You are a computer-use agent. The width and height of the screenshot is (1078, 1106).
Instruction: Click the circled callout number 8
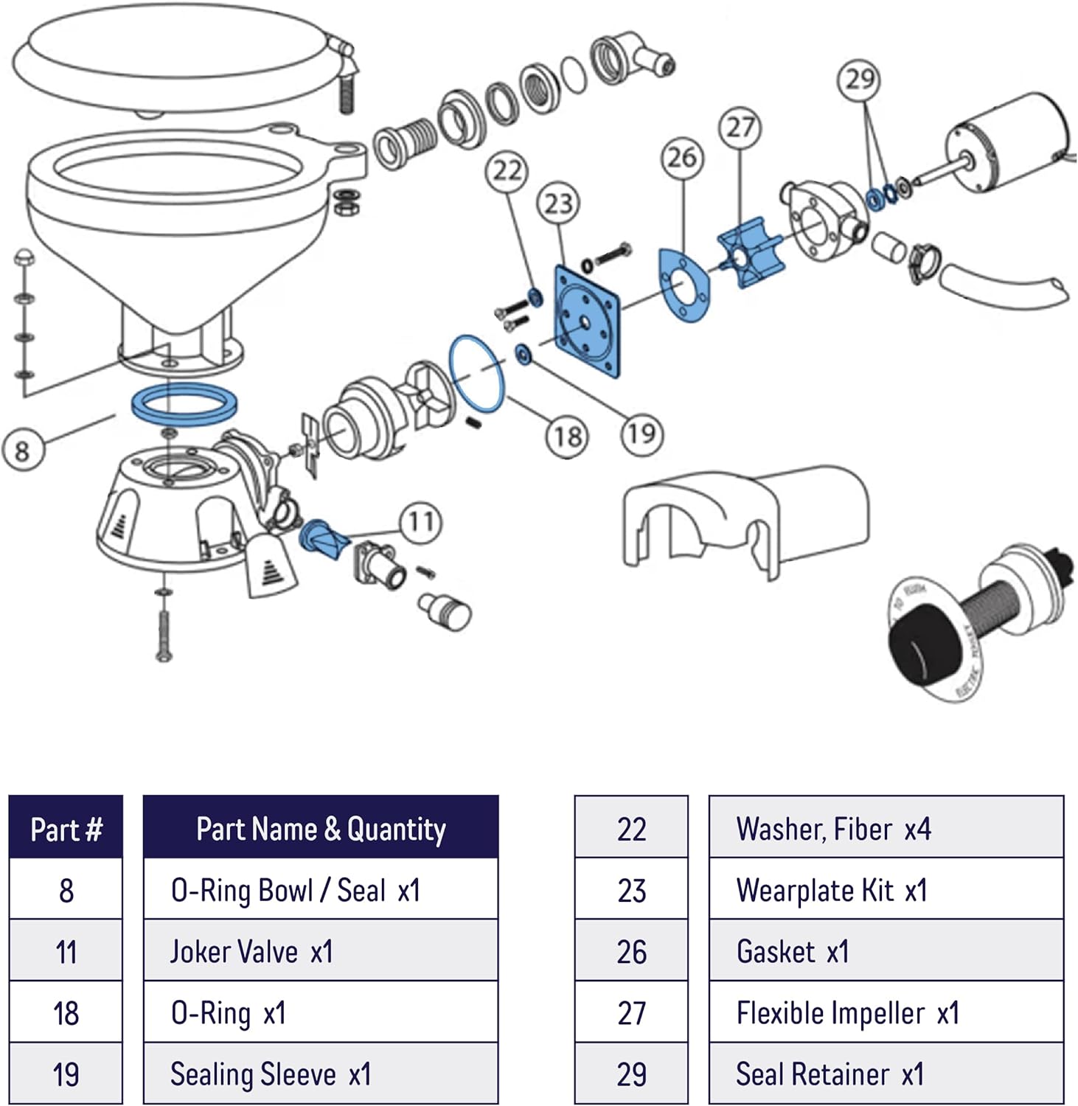click(x=22, y=450)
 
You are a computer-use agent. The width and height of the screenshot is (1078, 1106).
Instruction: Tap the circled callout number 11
click(x=421, y=522)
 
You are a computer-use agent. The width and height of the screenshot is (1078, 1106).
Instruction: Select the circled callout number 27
click(x=740, y=128)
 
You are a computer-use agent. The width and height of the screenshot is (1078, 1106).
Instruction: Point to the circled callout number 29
click(x=860, y=79)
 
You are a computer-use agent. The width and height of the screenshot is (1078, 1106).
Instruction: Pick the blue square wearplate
click(x=587, y=323)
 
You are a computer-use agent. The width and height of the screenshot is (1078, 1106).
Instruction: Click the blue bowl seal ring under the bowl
click(x=184, y=405)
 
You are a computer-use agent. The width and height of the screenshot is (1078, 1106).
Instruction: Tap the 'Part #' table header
click(x=66, y=828)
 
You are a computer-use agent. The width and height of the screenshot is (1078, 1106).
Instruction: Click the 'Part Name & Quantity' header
click(x=321, y=828)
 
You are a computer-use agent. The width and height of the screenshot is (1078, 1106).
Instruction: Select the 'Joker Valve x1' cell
click(x=321, y=951)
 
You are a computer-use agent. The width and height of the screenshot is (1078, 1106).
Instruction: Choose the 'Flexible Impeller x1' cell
click(x=886, y=1012)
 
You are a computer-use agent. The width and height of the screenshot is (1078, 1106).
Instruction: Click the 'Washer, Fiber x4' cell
click(x=886, y=828)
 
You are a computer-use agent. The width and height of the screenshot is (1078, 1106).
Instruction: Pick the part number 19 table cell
click(x=66, y=1074)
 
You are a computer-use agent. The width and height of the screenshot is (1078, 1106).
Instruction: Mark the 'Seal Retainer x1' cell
click(x=886, y=1074)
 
